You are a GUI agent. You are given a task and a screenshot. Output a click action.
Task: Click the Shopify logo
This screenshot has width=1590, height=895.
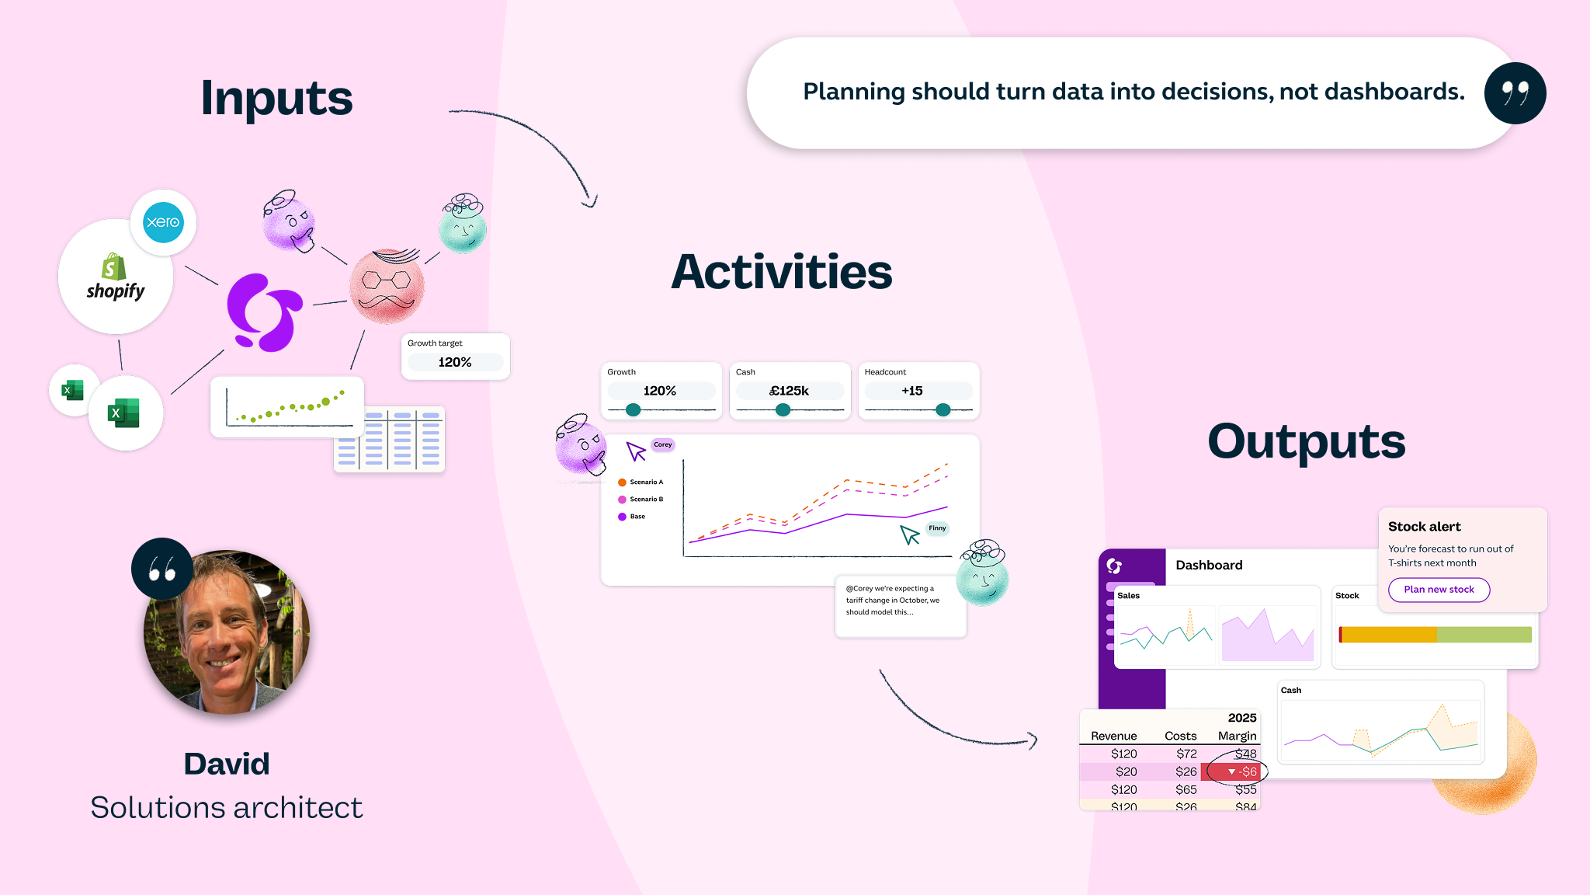tap(115, 277)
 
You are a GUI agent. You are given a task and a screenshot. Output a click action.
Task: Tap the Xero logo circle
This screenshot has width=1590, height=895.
tap(163, 222)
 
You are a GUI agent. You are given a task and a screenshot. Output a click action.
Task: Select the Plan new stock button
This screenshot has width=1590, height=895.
tap(1439, 590)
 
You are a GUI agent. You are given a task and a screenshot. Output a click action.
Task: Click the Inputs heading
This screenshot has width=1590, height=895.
tap(276, 99)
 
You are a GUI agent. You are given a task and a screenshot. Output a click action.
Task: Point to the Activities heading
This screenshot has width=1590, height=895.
tap(781, 273)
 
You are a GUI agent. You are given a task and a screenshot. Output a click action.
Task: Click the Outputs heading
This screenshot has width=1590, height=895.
tap(1306, 441)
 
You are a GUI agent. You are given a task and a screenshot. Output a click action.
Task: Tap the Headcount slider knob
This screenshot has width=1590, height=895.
tap(943, 409)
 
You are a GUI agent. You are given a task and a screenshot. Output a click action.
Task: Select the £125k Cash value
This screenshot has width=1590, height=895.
tap(789, 391)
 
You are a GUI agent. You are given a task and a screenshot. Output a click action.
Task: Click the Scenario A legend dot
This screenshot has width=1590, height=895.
tap(622, 482)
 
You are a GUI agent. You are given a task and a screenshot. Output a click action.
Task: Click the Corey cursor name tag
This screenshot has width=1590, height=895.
tap(662, 445)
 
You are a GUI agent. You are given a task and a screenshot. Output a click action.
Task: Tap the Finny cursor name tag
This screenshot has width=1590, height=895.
tap(937, 528)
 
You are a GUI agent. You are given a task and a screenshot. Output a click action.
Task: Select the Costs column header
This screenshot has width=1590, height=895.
tap(1180, 736)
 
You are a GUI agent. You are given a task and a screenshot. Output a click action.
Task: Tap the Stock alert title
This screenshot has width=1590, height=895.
tap(1424, 527)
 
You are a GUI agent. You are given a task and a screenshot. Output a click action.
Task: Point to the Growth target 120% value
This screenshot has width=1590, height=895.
tap(455, 362)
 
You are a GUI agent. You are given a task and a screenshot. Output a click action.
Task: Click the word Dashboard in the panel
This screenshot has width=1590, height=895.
tap(1209, 565)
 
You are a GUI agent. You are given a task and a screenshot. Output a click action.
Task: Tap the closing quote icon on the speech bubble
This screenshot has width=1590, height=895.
tap(1515, 93)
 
